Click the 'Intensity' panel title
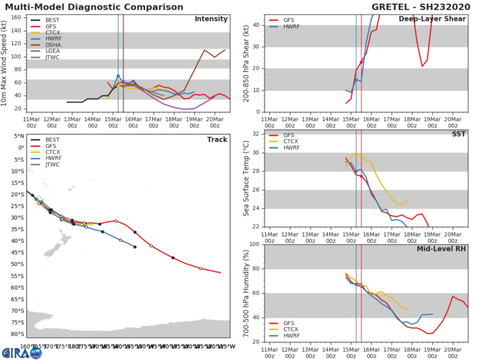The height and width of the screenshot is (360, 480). click(x=212, y=19)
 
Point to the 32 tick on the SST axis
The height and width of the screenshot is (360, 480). click(x=257, y=134)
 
